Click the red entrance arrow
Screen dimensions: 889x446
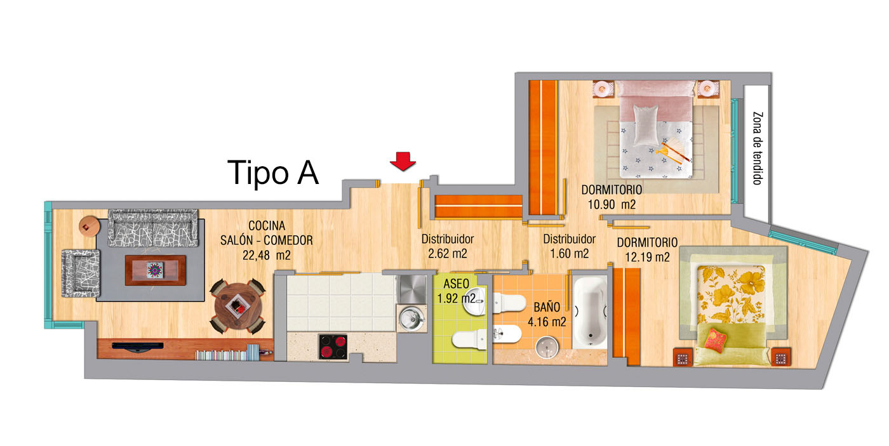(x=403, y=161)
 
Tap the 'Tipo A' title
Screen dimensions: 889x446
(x=273, y=173)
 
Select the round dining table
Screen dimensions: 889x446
(x=237, y=306)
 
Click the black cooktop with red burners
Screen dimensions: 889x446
(x=333, y=347)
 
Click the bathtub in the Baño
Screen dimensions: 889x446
(x=590, y=312)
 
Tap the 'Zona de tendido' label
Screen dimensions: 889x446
(x=758, y=148)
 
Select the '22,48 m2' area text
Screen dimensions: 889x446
(x=266, y=255)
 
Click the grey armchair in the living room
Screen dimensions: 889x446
(x=81, y=273)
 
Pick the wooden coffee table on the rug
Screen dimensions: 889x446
(x=155, y=270)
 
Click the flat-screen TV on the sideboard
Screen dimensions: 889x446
(x=138, y=347)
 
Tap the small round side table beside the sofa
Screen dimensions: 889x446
(x=89, y=226)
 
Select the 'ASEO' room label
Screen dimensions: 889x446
(x=456, y=284)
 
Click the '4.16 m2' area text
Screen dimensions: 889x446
(x=547, y=322)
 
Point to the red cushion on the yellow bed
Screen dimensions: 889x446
(x=715, y=339)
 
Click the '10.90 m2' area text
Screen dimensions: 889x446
(x=611, y=204)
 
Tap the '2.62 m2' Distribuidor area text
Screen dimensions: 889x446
(x=447, y=253)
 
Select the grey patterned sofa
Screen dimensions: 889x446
(x=153, y=228)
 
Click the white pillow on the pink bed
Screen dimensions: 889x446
(x=646, y=124)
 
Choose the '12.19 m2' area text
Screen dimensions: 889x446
(x=647, y=258)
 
